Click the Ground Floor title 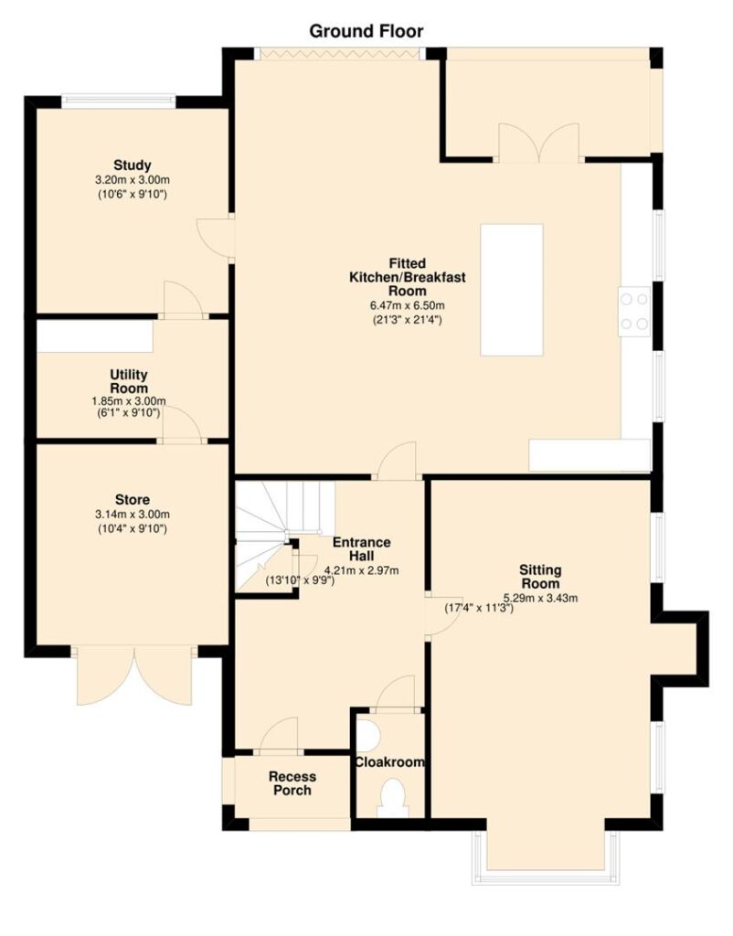[366, 31]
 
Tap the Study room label [133, 165]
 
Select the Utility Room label [129, 381]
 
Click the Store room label [133, 500]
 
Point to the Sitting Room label [540, 577]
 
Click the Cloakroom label [389, 762]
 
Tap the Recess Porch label [292, 783]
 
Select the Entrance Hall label [362, 548]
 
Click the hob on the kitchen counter [634, 311]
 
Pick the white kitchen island [512, 290]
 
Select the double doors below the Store [135, 675]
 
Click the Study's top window [119, 101]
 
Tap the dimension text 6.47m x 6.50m [407, 305]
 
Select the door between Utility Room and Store [182, 426]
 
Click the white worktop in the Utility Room [95, 336]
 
